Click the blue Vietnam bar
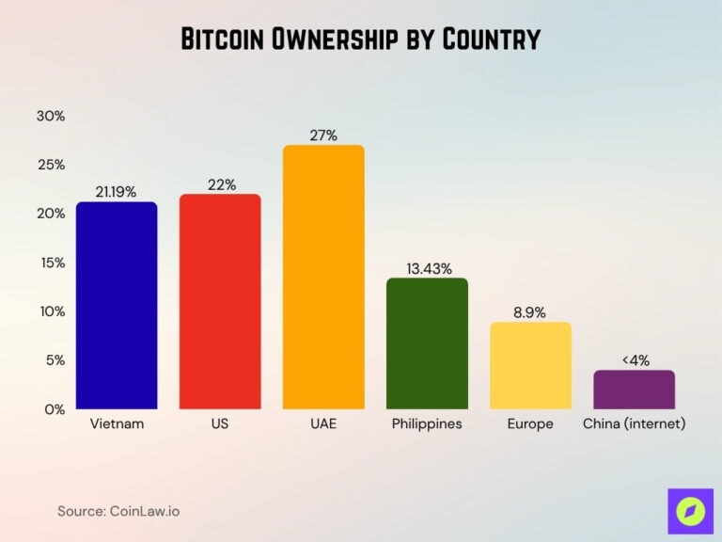point(117,305)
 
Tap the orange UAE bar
point(323,277)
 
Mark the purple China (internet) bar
point(635,389)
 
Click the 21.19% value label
point(116,192)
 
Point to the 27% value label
point(323,135)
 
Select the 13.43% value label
point(427,268)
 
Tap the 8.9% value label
point(530,312)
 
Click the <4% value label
point(635,359)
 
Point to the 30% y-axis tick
point(50,116)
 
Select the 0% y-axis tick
point(55,409)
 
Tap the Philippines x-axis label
point(427,424)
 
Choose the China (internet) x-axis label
point(635,424)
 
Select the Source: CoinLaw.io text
point(118,511)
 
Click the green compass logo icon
point(691,511)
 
